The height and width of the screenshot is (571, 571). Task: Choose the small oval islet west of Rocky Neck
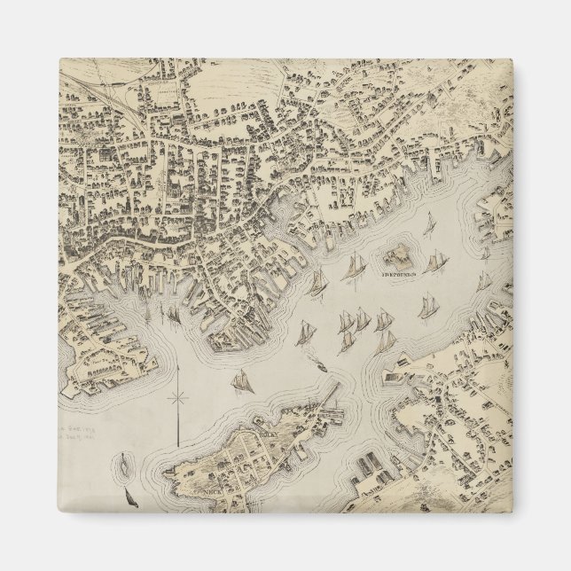(x=122, y=462)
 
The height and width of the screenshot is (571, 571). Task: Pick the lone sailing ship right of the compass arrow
(x=239, y=381)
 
